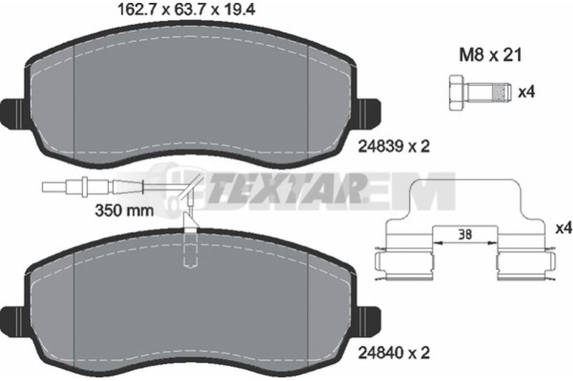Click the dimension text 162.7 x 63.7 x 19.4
(186, 9)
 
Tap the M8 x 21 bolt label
(491, 56)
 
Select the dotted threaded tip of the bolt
(502, 92)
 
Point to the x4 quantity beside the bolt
(526, 92)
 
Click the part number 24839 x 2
(394, 147)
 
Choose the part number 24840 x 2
(394, 354)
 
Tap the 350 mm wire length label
(124, 211)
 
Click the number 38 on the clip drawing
(465, 234)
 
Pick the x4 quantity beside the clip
(564, 229)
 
